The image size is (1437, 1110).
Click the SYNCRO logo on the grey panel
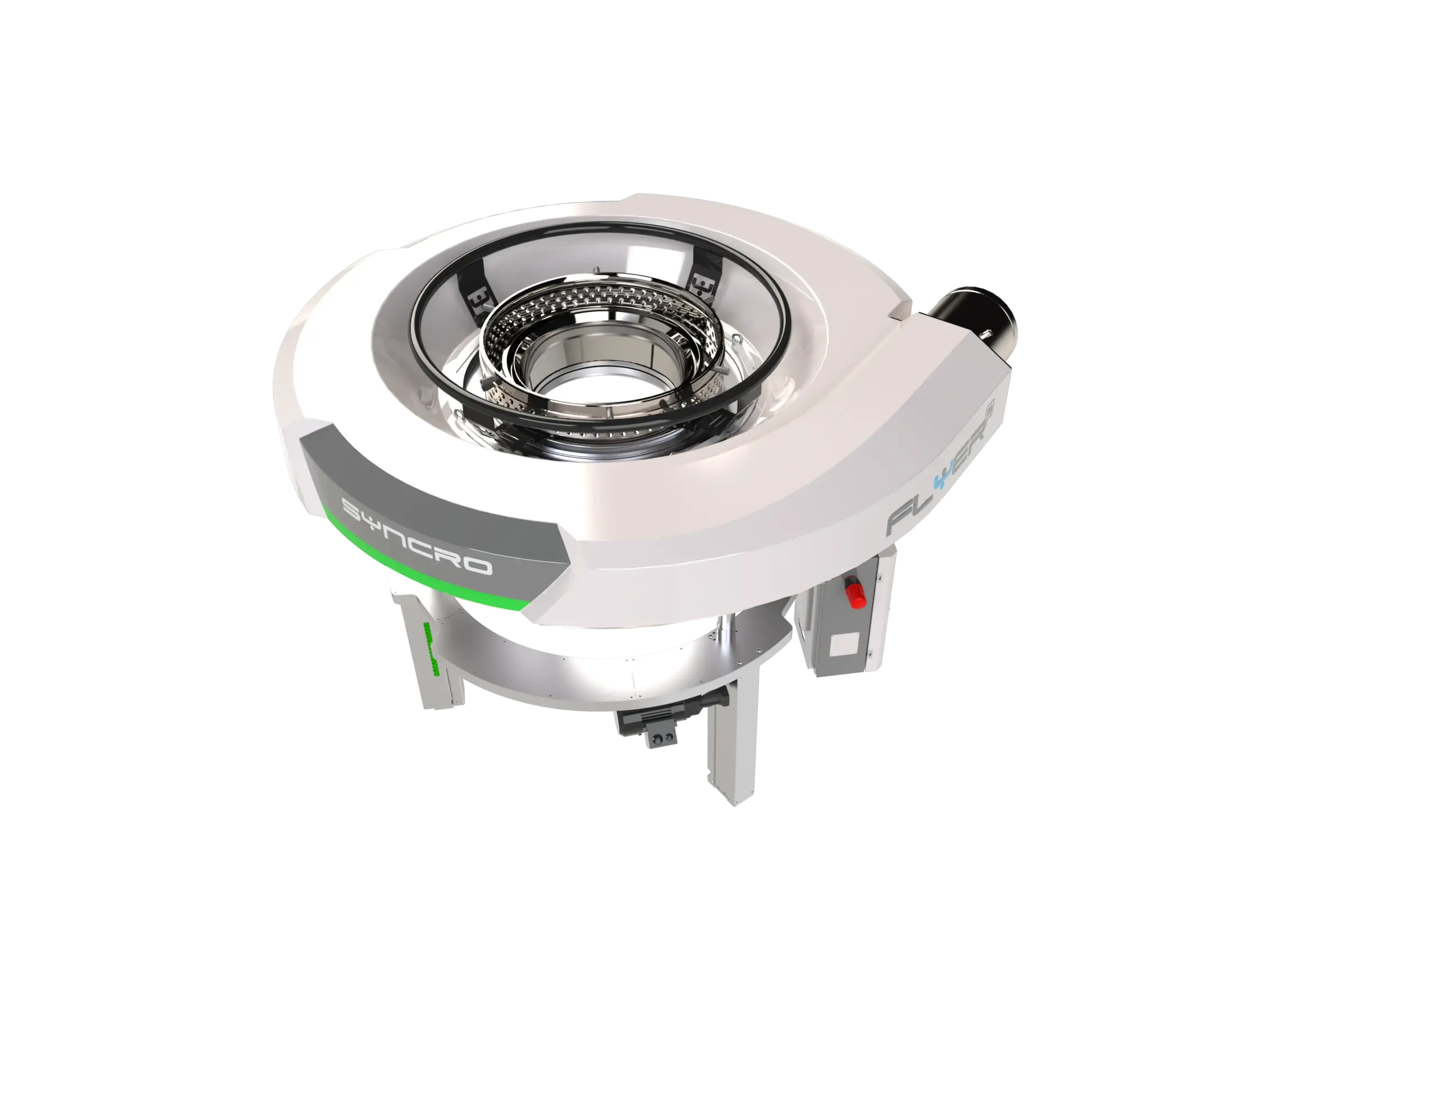417,534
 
